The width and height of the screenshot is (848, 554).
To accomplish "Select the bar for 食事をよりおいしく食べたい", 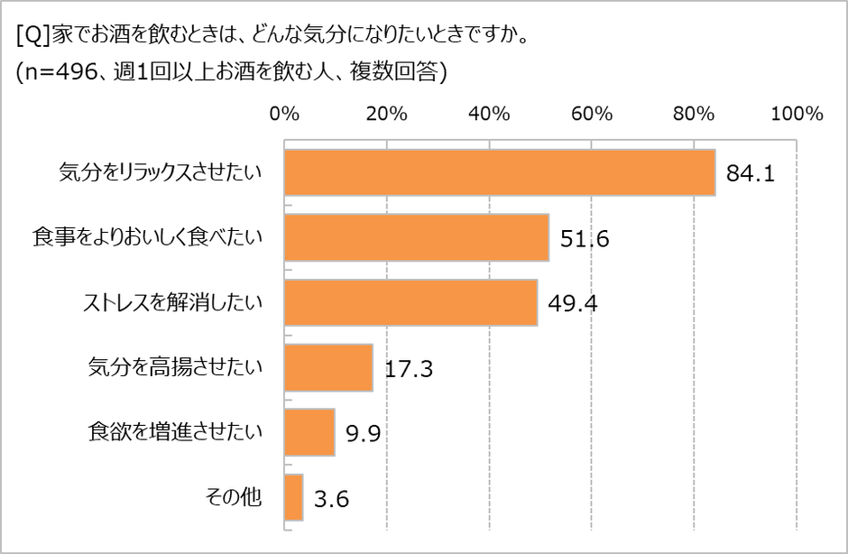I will (416, 237).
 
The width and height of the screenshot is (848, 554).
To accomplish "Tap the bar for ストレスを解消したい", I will (410, 302).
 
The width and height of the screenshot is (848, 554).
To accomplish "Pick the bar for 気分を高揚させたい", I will (328, 367).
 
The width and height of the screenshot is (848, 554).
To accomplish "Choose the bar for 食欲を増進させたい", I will (309, 432).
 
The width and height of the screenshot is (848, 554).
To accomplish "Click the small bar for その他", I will (293, 497).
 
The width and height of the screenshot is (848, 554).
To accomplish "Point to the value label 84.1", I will (751, 174).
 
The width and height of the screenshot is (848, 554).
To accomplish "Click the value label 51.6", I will (585, 239).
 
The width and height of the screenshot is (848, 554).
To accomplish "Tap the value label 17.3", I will (409, 369).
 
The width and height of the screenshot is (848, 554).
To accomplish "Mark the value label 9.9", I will (363, 434).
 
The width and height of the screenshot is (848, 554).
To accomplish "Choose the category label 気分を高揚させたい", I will (175, 366).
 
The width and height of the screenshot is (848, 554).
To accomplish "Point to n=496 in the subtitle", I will (58, 75).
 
